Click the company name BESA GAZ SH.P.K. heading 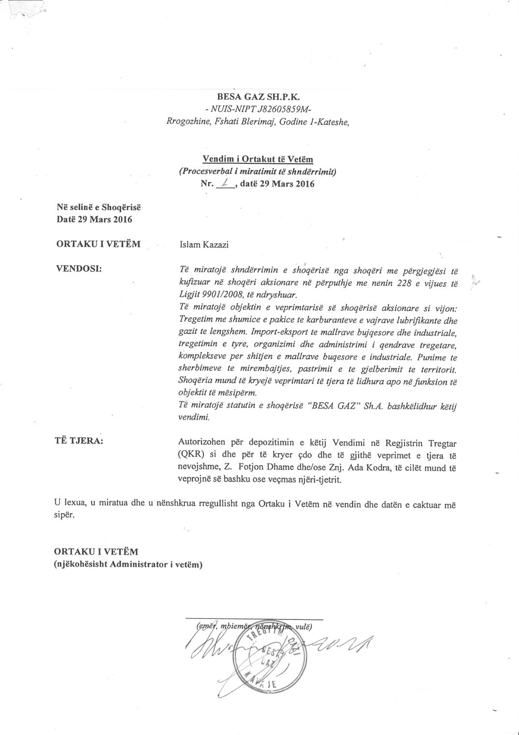pos(259,97)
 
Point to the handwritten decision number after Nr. pos(225,183)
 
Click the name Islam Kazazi pos(203,244)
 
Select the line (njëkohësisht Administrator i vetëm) pos(128,564)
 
